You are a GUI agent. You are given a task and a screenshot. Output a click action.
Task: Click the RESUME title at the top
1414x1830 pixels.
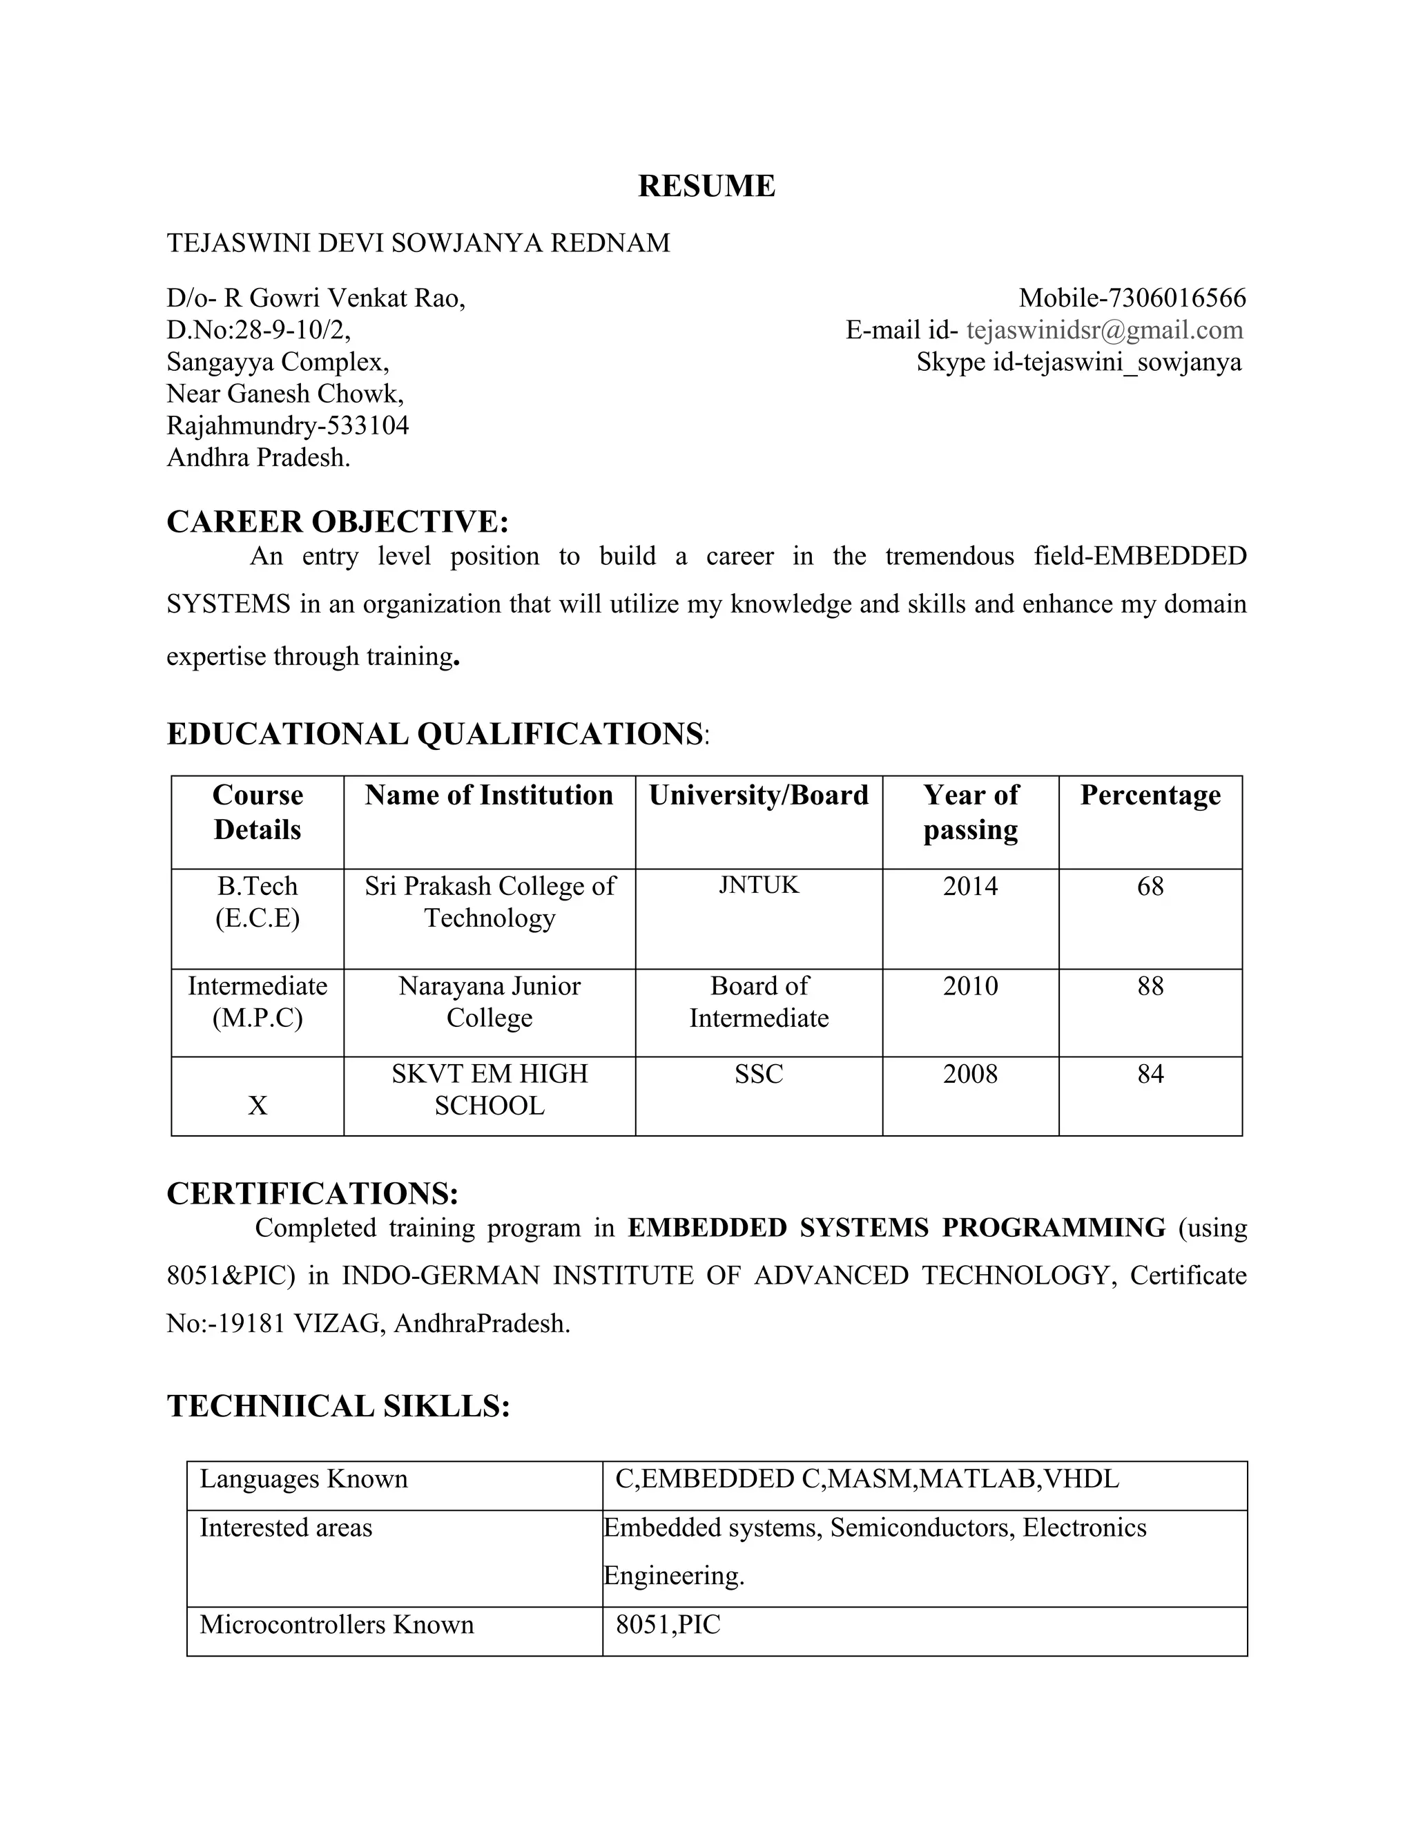pos(706,186)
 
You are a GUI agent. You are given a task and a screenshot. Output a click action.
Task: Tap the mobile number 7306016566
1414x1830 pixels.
pos(1177,298)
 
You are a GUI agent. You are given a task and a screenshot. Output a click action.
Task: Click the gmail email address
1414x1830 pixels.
pos(1104,330)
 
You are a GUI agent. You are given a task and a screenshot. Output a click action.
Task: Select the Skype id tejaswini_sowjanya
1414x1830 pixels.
pos(1132,362)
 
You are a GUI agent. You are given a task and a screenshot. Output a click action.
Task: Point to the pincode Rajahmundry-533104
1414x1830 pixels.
pos(287,425)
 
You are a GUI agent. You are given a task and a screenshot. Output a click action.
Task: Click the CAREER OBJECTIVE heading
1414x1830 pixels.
pos(338,522)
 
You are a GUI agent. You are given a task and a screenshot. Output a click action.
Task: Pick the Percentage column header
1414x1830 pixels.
pos(1150,795)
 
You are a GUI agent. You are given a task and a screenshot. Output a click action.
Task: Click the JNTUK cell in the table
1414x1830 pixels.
pos(758,886)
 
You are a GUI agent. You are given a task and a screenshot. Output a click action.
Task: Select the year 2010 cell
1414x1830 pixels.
pos(970,986)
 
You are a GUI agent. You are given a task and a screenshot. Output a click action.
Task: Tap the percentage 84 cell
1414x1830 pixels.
pos(1150,1075)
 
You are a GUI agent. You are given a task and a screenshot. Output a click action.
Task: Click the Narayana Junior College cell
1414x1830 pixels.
pos(490,1002)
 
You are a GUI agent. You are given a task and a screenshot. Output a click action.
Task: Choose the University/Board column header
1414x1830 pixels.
pos(758,795)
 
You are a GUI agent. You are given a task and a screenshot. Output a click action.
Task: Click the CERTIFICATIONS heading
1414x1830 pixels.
pos(313,1194)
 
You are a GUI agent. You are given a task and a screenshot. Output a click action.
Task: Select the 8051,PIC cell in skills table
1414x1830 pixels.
pos(668,1625)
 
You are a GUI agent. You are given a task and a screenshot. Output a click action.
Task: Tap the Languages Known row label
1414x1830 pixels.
pos(303,1479)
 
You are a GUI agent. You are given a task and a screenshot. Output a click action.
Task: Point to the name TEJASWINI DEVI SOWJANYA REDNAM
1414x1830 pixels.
pos(418,243)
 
